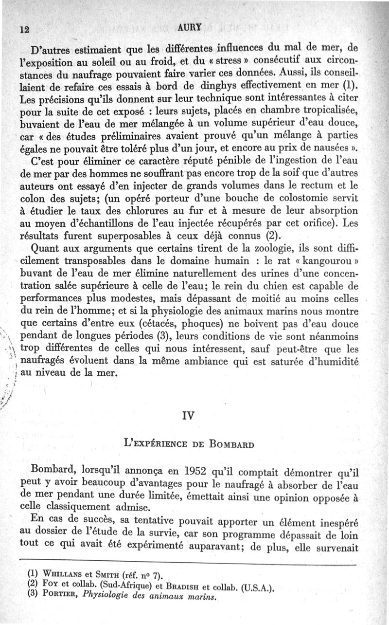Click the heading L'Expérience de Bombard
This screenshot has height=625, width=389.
tap(187, 444)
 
